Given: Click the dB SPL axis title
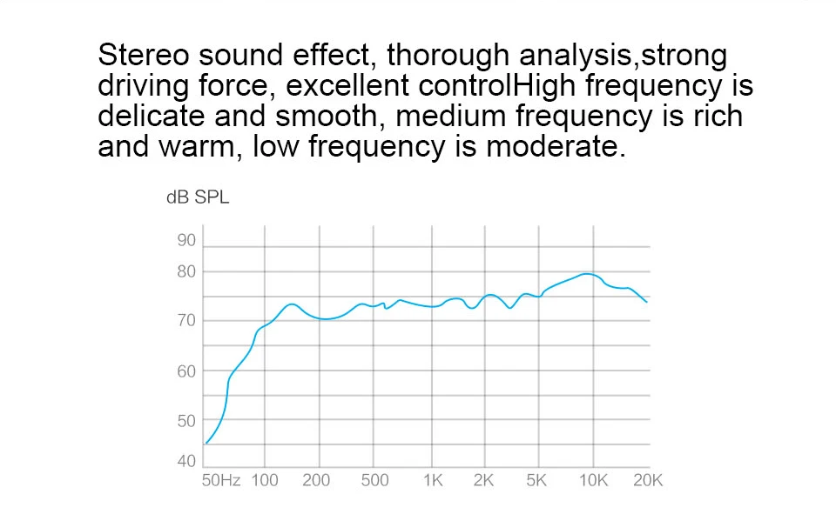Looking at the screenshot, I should point(198,198).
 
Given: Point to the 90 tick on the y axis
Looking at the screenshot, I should point(187,241).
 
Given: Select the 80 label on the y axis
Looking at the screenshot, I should point(187,272).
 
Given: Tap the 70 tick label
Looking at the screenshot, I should point(187,322).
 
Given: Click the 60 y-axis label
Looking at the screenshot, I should point(187,371).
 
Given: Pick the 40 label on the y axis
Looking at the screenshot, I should point(187,461).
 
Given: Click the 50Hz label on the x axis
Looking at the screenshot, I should point(221,481).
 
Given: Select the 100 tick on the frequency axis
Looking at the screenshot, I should point(265,481).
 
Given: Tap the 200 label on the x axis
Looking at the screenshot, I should point(317,481).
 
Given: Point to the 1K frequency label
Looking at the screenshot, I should point(433,481).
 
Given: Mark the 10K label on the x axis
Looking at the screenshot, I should point(593,481).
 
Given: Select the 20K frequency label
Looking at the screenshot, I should point(647,481).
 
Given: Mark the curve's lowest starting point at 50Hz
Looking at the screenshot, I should point(206,444).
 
